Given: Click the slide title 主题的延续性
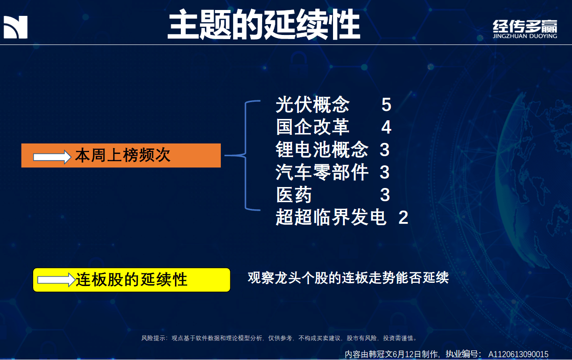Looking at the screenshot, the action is [x=264, y=25].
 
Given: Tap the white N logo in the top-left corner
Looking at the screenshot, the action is [x=15, y=27].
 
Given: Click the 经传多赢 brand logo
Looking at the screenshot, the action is [x=525, y=29].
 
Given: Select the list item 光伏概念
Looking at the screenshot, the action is [x=313, y=104].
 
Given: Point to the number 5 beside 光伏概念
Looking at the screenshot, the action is [x=386, y=105].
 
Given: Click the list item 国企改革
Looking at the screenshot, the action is [x=313, y=127].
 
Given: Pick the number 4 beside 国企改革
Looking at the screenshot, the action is [x=386, y=127].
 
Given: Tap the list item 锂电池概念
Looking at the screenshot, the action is [x=322, y=149].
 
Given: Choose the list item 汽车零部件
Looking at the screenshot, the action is [x=322, y=172].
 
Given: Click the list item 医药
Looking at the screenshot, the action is [x=294, y=195].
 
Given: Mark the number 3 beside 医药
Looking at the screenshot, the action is [x=385, y=195].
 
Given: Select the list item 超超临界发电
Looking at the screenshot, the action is [x=331, y=217].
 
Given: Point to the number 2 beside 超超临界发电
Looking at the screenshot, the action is [x=403, y=217].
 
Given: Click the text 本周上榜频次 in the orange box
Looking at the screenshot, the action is [x=123, y=155].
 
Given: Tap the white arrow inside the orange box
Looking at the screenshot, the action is [x=52, y=157].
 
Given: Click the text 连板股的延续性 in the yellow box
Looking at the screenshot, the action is [x=132, y=280].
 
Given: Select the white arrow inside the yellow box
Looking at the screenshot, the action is [x=56, y=280].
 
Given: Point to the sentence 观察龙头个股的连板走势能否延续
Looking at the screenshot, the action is [x=348, y=277].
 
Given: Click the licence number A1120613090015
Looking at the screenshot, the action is [x=518, y=355].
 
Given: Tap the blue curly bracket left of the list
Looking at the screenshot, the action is [x=246, y=155].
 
